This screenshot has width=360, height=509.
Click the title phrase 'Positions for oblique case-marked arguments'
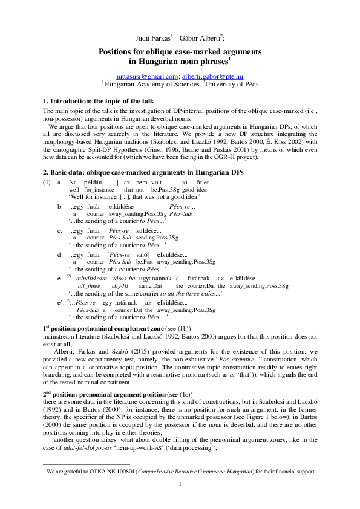click(180, 52)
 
